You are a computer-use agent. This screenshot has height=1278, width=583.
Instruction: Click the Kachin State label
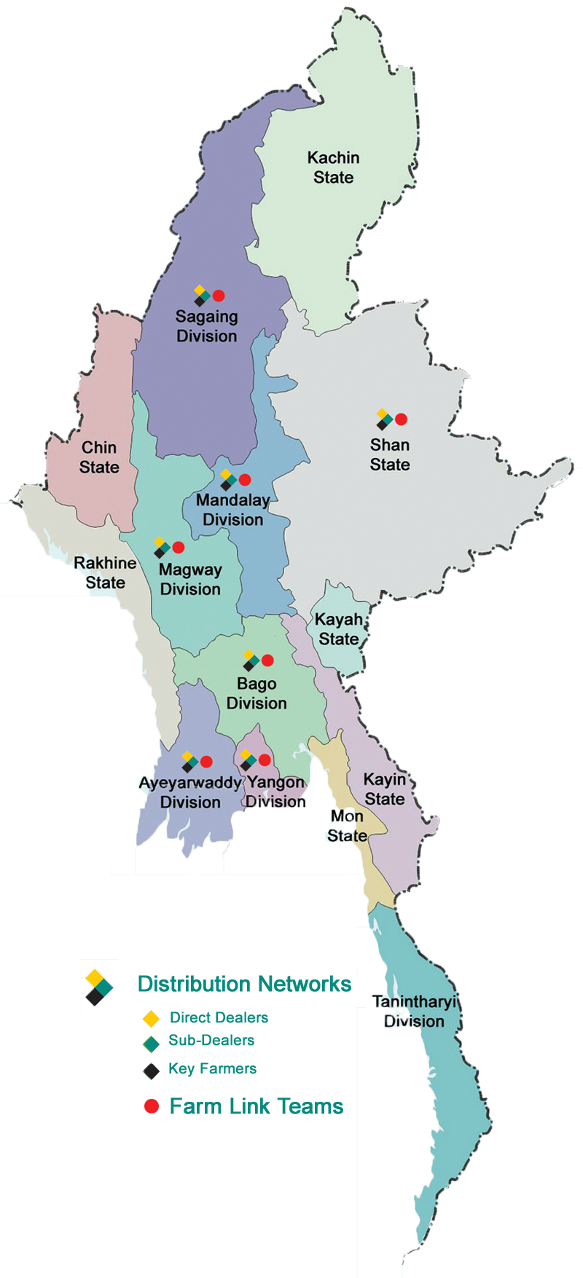(333, 167)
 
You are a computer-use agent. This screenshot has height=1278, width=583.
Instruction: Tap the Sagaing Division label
(207, 326)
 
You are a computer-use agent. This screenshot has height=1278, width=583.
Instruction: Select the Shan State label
(390, 454)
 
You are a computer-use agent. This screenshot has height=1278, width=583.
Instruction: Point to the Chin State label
(99, 457)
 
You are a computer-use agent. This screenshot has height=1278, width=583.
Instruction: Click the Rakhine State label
(105, 572)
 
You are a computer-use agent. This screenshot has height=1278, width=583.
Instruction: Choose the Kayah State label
(339, 629)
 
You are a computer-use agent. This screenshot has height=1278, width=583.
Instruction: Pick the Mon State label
(347, 826)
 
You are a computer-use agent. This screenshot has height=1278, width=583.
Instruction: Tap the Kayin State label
(385, 789)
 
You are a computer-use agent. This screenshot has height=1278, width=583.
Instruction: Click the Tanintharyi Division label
(414, 1011)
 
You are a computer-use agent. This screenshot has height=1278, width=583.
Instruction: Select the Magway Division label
(190, 579)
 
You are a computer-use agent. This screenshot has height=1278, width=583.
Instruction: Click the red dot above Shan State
(401, 419)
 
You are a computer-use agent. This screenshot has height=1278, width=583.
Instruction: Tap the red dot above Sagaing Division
(219, 296)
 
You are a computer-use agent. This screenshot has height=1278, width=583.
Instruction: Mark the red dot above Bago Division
(267, 660)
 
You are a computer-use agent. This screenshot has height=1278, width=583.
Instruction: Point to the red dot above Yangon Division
(265, 760)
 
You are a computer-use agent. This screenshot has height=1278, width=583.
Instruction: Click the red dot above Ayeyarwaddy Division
(206, 762)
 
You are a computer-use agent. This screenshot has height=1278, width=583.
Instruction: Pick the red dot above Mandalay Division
(245, 480)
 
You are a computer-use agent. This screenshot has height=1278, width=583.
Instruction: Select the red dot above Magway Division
(179, 548)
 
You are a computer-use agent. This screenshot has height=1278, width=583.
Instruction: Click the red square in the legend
(152, 1106)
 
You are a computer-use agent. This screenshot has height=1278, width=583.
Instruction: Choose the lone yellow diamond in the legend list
(152, 1018)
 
